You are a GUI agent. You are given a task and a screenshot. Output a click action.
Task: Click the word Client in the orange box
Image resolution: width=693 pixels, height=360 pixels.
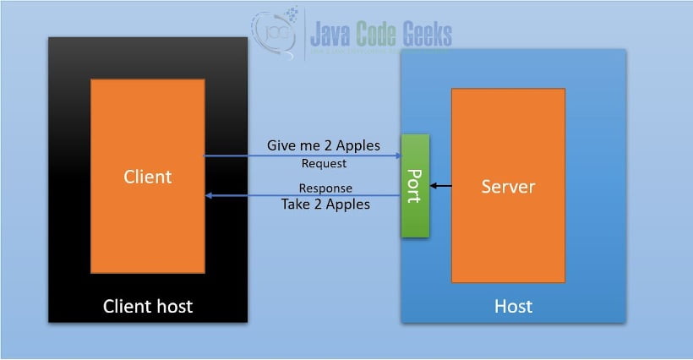pos(147,177)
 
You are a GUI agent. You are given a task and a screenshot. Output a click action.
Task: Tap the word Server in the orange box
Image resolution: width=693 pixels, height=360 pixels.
pos(508,186)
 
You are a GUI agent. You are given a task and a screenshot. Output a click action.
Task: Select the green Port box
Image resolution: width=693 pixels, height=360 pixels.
pos(415,185)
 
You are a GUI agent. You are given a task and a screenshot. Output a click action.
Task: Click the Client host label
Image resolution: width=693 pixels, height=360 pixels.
pos(147,306)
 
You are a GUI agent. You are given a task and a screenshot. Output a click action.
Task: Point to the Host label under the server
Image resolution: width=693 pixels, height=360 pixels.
pos(513,306)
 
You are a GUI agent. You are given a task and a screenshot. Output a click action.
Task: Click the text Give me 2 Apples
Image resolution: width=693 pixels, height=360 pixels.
pos(323,145)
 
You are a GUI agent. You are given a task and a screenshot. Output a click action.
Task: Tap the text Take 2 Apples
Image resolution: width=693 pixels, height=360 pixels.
pos(325,204)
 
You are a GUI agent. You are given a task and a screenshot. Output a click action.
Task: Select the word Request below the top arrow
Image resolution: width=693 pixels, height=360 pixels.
pos(324,163)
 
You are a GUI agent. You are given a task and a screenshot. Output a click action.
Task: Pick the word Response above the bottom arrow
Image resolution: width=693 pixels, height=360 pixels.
pos(325,188)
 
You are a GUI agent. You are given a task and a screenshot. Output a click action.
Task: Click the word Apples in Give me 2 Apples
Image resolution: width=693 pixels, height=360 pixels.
pos(357,145)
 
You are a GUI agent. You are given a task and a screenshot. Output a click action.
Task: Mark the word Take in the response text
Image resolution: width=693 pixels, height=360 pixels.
pos(297,204)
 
